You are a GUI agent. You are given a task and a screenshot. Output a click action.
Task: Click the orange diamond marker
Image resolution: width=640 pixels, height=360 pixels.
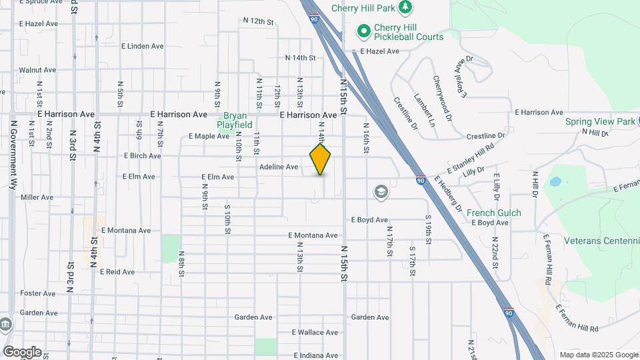coord(321,159)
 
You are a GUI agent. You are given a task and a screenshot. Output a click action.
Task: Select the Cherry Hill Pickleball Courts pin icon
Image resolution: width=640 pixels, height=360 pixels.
coord(364,31)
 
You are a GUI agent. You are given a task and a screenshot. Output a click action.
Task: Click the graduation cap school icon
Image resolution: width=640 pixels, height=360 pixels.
coord(381,192)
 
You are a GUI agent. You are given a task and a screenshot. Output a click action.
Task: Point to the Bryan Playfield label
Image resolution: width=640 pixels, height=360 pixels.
coord(237,120)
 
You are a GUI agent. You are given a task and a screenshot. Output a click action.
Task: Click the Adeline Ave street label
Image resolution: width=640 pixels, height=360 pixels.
coord(279,167)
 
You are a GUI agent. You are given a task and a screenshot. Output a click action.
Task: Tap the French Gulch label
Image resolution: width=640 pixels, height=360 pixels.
coord(494,213)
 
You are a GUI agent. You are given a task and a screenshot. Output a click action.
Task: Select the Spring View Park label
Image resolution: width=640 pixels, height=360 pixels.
coord(600,122)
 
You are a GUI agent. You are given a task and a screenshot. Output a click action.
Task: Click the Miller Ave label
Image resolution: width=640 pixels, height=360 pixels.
coord(37,197)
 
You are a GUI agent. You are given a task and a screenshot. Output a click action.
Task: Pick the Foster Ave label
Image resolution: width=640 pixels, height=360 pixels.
coord(38,293)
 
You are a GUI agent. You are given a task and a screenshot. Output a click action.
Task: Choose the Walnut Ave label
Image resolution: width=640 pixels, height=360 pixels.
coord(37,70)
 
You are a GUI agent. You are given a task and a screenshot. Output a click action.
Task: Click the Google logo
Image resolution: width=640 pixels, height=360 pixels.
coord(22,352)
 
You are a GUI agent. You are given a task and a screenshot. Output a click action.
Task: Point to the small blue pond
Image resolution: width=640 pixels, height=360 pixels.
coord(555,181)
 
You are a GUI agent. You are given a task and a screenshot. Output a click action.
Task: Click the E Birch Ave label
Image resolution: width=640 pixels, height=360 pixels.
coord(143,156)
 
